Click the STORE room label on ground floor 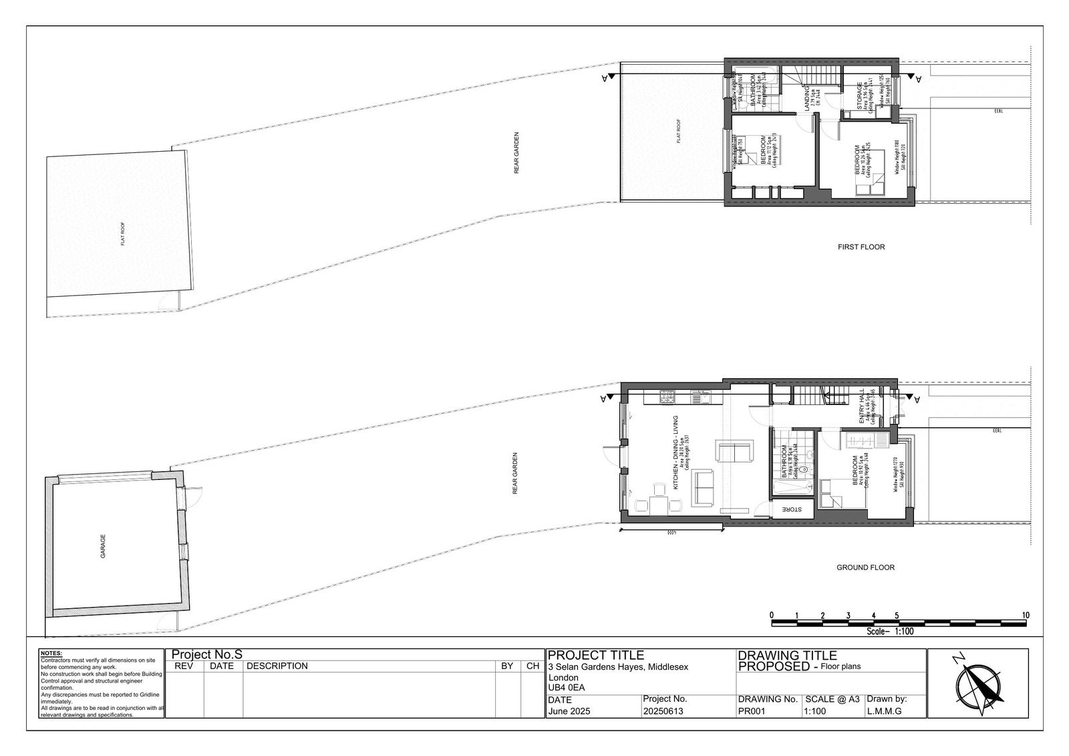(x=792, y=509)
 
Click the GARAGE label (x=103, y=546)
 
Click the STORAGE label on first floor (x=860, y=96)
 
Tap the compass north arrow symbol (x=979, y=684)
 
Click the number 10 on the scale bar (x=1026, y=616)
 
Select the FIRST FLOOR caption (x=861, y=247)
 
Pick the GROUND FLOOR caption (x=865, y=568)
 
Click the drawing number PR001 (x=751, y=711)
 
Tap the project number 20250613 (x=663, y=711)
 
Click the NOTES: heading (x=51, y=654)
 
